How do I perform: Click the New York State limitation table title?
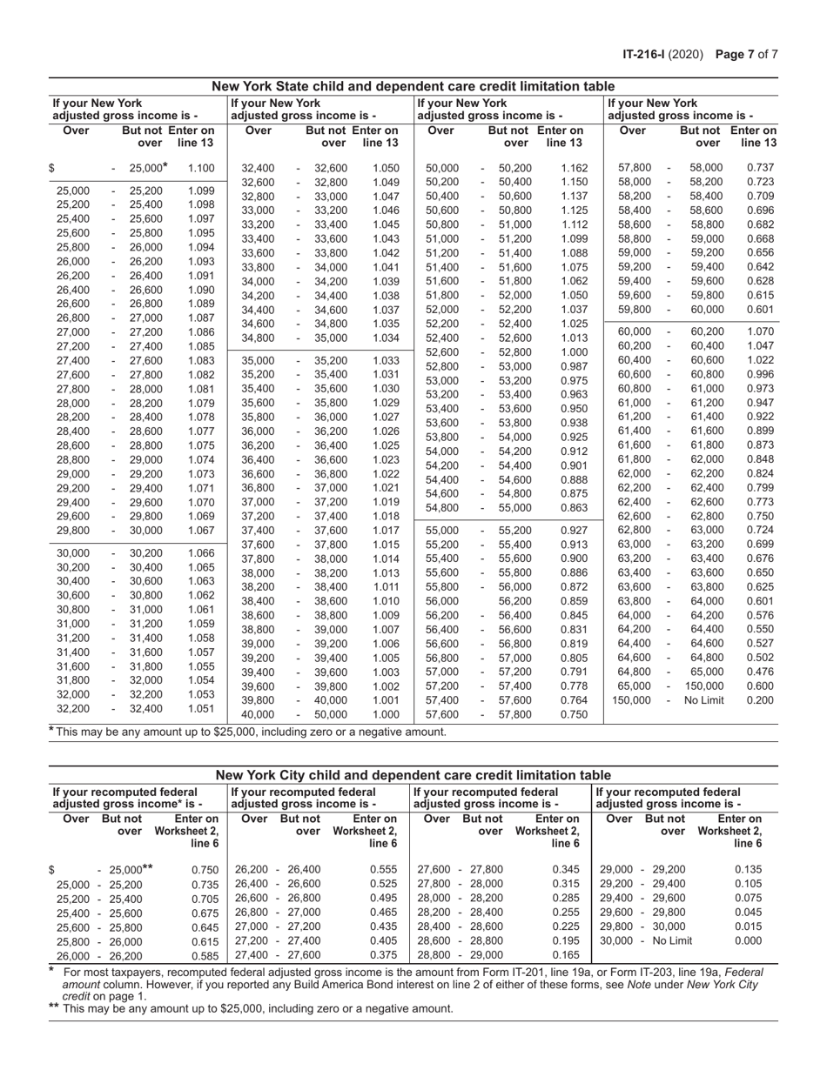tap(413, 86)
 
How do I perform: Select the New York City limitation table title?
tap(413, 775)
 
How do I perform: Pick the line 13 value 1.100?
tap(200, 169)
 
